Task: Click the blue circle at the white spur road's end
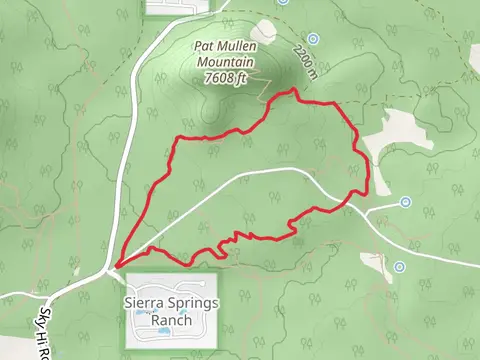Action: [x=405, y=202]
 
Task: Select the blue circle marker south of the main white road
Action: [x=399, y=266]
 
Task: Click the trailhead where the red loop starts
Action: [x=117, y=266]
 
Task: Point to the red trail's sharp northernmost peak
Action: [x=293, y=90]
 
